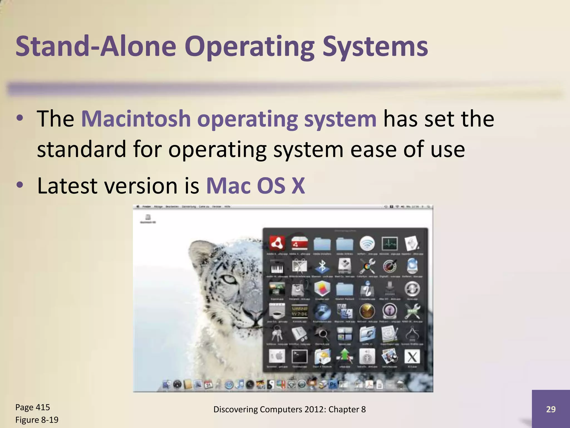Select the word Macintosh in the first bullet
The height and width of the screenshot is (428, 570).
pyautogui.click(x=136, y=119)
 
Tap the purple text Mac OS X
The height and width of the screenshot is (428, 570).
pyautogui.click(x=255, y=186)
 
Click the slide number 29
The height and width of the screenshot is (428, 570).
pyautogui.click(x=551, y=409)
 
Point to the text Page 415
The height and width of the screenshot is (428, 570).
pyautogui.click(x=33, y=407)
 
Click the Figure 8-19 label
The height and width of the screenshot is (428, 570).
pyautogui.click(x=37, y=420)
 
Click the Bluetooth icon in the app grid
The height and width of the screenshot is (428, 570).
pyautogui.click(x=322, y=266)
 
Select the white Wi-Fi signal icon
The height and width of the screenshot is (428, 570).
pyautogui.click(x=367, y=243)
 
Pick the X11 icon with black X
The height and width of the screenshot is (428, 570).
pyautogui.click(x=412, y=357)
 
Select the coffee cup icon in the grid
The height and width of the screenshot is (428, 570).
pyautogui.click(x=277, y=312)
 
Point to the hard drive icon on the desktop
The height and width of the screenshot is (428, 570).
pyautogui.click(x=148, y=217)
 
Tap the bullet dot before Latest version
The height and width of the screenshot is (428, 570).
pyautogui.click(x=19, y=185)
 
